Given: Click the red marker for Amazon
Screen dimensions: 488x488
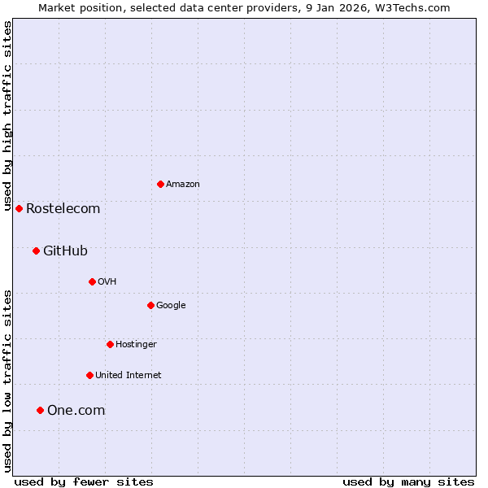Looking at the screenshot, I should pos(160,184).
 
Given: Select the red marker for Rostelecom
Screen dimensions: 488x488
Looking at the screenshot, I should pos(19,208).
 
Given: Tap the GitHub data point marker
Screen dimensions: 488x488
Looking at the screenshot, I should pos(36,251).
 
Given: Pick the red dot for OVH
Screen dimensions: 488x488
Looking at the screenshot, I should pos(92,281).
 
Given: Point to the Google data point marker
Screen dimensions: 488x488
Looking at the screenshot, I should pos(150,305).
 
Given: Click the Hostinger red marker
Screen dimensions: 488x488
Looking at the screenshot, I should pos(110,344).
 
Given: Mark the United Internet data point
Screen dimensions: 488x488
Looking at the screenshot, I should pos(89,375).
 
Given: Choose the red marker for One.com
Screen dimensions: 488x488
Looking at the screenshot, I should pos(40,410).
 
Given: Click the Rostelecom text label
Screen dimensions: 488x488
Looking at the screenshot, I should pos(63,208).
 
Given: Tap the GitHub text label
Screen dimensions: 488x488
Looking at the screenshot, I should pos(65,251).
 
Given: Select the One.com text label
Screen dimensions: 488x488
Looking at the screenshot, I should pos(76,410).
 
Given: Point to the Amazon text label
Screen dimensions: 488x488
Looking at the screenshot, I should pos(182,184).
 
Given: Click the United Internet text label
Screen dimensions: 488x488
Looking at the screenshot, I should pos(128,375).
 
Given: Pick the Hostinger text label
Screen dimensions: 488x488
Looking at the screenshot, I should pos(136,344).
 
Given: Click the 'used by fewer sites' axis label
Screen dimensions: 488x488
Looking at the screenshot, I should pos(84,481).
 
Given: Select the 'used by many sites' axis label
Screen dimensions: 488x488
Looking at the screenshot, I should pos(408,481).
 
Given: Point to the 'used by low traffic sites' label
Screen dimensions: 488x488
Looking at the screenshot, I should pos(7,380).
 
